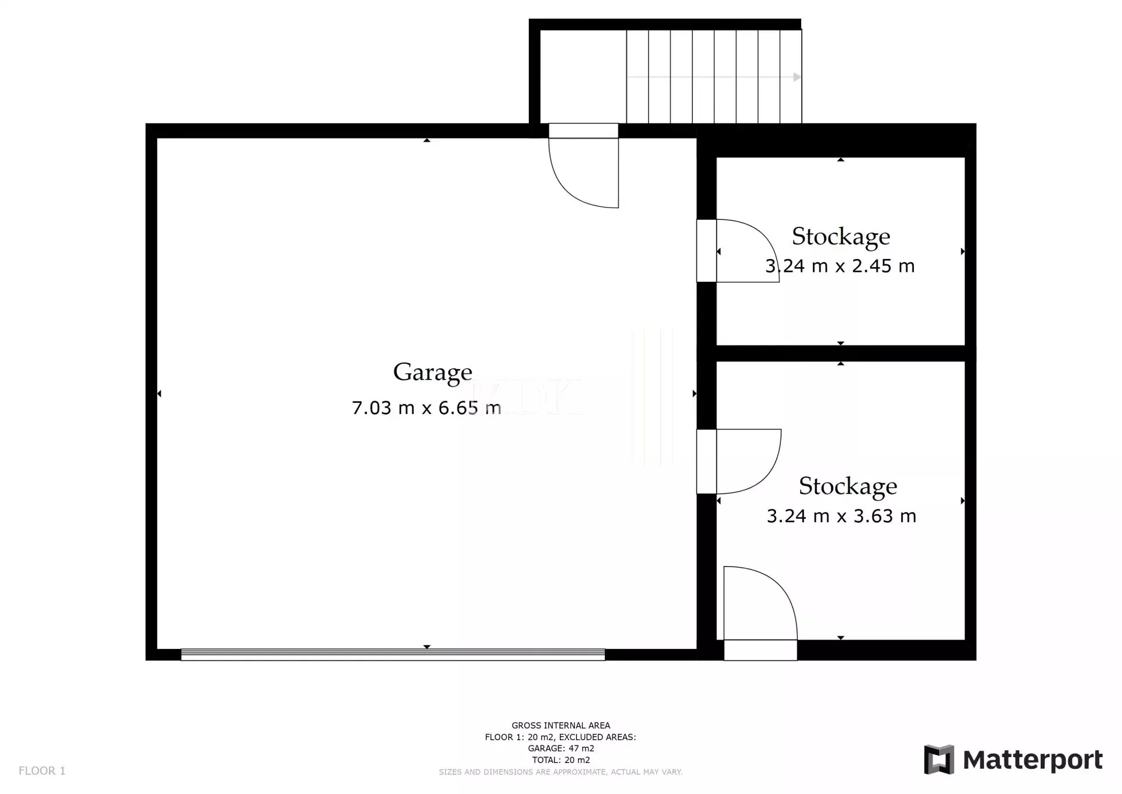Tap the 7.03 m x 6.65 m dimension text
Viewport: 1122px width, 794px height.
[x=427, y=408]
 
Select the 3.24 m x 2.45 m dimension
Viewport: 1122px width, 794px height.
[x=840, y=266]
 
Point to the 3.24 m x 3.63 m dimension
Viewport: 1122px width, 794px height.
[x=841, y=516]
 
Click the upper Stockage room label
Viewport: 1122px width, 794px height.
[x=841, y=237]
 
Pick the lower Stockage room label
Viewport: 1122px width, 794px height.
[x=848, y=487]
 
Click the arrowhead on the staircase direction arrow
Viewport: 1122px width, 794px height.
[x=797, y=77]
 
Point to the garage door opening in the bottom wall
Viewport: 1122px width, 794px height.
[x=393, y=655]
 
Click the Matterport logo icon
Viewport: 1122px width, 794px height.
[x=939, y=760]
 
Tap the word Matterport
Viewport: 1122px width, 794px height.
[x=1033, y=760]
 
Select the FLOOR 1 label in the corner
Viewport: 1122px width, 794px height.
[x=42, y=771]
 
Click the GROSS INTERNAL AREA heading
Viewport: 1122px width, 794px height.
[x=561, y=726]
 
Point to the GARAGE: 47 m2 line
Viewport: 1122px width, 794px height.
[x=561, y=748]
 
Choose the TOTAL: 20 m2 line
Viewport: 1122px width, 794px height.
[x=561, y=760]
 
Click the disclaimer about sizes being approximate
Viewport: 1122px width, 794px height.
[x=561, y=772]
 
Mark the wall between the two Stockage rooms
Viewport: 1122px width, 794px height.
[x=841, y=353]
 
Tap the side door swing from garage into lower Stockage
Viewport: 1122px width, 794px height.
[x=749, y=462]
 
